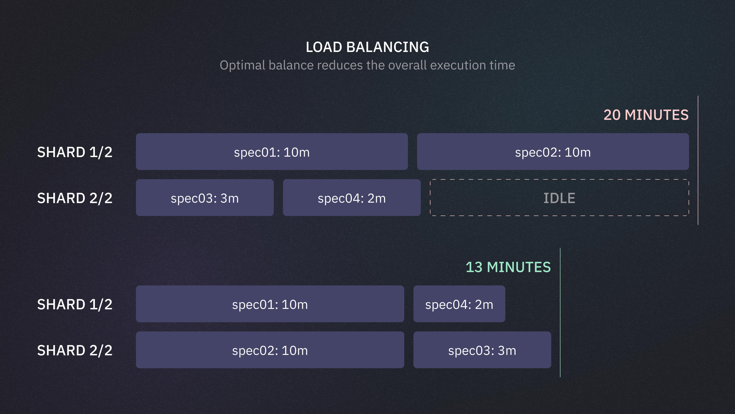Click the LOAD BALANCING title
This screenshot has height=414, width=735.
[x=367, y=47]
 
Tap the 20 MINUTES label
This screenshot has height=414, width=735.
[x=646, y=115]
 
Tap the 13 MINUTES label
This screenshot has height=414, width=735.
[x=508, y=267]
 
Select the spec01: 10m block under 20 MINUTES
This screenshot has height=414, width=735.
[x=272, y=152]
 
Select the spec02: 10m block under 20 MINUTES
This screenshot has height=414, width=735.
[x=553, y=152]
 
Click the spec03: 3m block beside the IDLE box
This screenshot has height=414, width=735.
[x=205, y=198]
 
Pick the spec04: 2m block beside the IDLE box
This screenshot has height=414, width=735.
[x=351, y=198]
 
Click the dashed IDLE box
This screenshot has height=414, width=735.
[x=559, y=198]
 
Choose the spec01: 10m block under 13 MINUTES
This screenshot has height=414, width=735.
[x=270, y=304]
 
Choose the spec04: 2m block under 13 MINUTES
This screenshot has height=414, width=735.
[x=459, y=304]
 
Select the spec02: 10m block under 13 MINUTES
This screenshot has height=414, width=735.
[x=270, y=350]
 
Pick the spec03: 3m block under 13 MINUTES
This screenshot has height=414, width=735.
[x=482, y=350]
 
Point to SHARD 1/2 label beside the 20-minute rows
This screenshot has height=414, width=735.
[x=75, y=152]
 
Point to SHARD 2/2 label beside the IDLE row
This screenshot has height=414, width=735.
[x=75, y=198]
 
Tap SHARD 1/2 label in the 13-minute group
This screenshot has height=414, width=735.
[x=75, y=304]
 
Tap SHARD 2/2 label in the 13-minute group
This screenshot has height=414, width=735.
[x=75, y=350]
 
